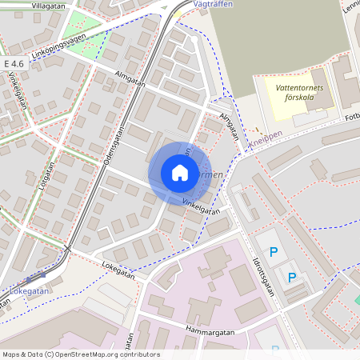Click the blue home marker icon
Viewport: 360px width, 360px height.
click(180, 173)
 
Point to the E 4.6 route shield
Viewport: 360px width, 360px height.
click(14, 62)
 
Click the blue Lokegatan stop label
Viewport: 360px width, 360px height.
click(30, 291)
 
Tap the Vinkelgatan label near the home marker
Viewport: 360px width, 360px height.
click(201, 206)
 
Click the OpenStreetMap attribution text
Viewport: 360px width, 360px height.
click(80, 354)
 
